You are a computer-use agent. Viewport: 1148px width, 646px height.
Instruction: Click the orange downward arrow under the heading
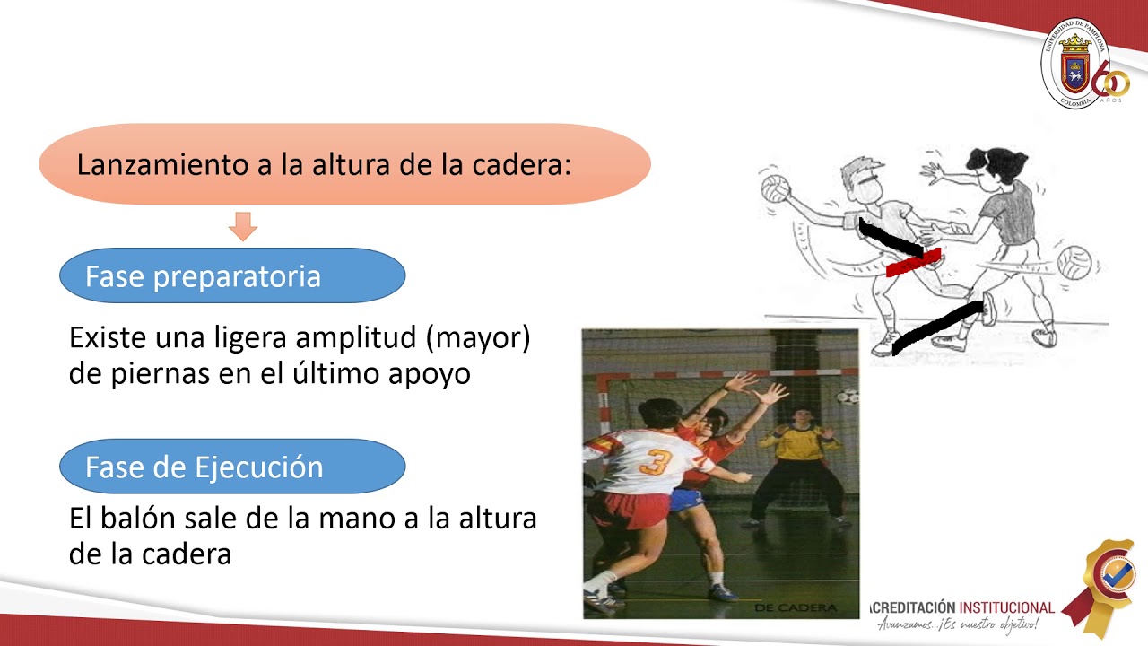tap(243, 226)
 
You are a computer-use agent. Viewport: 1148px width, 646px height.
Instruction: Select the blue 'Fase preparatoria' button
tap(231, 275)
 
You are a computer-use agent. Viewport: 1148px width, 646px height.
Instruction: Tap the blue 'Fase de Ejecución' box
tap(231, 467)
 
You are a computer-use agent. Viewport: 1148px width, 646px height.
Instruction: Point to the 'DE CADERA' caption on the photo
tap(796, 608)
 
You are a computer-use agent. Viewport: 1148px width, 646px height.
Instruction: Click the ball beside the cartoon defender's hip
tap(1074, 263)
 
